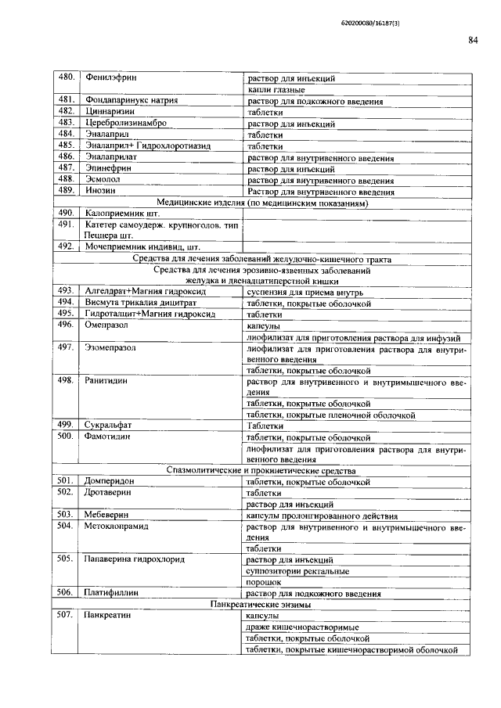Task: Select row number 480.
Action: point(67,78)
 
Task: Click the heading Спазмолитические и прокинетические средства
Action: point(263,471)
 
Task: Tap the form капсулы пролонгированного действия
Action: point(323,516)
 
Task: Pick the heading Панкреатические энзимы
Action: point(263,606)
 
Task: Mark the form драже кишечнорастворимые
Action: point(302,627)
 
